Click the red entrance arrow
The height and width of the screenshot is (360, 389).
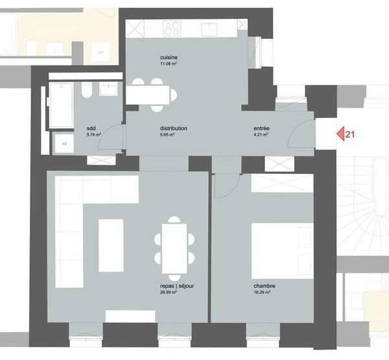coord(340,134)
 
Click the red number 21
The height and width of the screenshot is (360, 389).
coord(351,134)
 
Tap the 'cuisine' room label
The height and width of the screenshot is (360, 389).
coord(169,57)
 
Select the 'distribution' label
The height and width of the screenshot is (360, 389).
coord(173,128)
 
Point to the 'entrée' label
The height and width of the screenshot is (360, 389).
coord(261,128)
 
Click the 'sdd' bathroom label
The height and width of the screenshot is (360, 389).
coord(91,128)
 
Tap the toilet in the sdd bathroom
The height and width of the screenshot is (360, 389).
coord(86,93)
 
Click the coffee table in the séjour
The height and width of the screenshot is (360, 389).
coord(111,245)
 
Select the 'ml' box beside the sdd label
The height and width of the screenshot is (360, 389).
coord(64,143)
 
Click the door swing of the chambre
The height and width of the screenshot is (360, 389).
coord(224,187)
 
